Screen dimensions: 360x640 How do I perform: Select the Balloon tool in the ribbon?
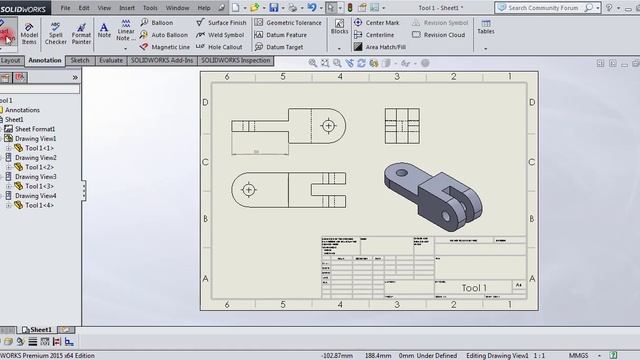click(161, 22)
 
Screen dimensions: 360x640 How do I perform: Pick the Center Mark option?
click(381, 22)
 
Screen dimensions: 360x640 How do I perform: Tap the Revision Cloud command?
click(443, 34)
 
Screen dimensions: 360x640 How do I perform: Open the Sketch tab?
click(80, 60)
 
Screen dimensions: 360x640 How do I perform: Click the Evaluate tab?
click(111, 60)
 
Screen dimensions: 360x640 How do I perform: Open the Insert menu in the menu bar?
click(127, 7)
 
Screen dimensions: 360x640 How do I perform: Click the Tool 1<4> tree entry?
click(39, 205)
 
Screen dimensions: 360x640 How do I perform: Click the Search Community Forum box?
click(565, 7)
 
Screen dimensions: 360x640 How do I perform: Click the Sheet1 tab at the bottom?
click(40, 329)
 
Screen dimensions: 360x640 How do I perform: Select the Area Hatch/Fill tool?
click(386, 46)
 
